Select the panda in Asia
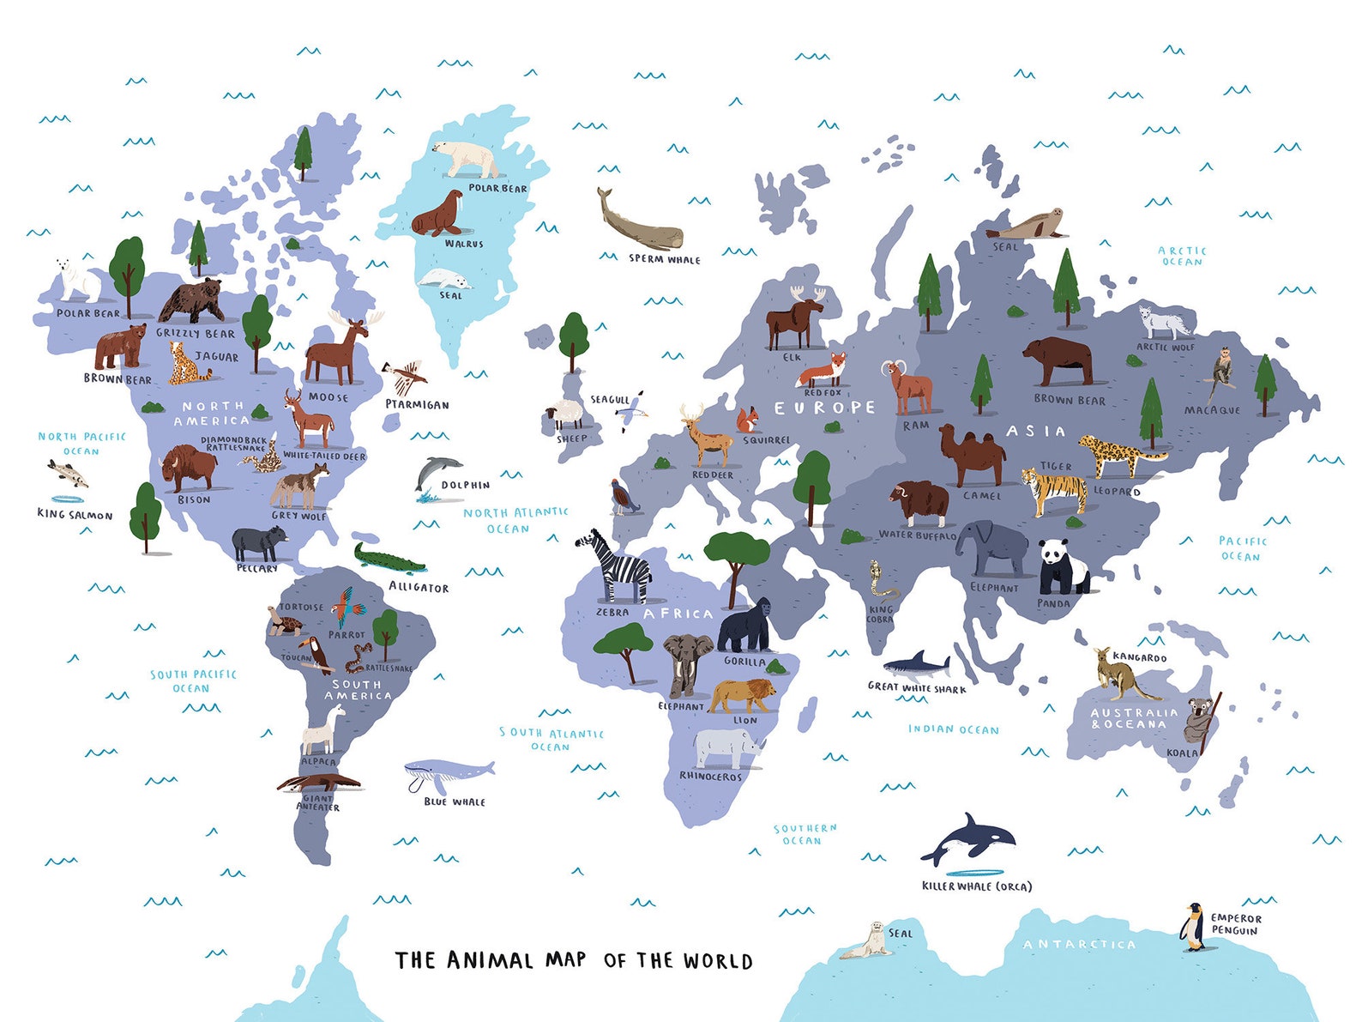pyautogui.click(x=1062, y=567)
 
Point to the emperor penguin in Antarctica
pyautogui.click(x=1192, y=928)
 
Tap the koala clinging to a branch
pyautogui.click(x=1196, y=721)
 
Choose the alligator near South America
pyautogui.click(x=390, y=559)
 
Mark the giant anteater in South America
pyautogui.click(x=319, y=783)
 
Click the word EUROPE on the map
pyautogui.click(x=824, y=408)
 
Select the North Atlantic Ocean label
pyautogui.click(x=515, y=520)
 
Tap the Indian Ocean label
pyautogui.click(x=954, y=729)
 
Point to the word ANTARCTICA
pyautogui.click(x=1079, y=944)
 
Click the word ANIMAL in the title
pyautogui.click(x=490, y=960)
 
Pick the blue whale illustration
pyautogui.click(x=447, y=773)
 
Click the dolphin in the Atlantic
pyautogui.click(x=437, y=474)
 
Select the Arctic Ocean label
pyautogui.click(x=1182, y=256)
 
